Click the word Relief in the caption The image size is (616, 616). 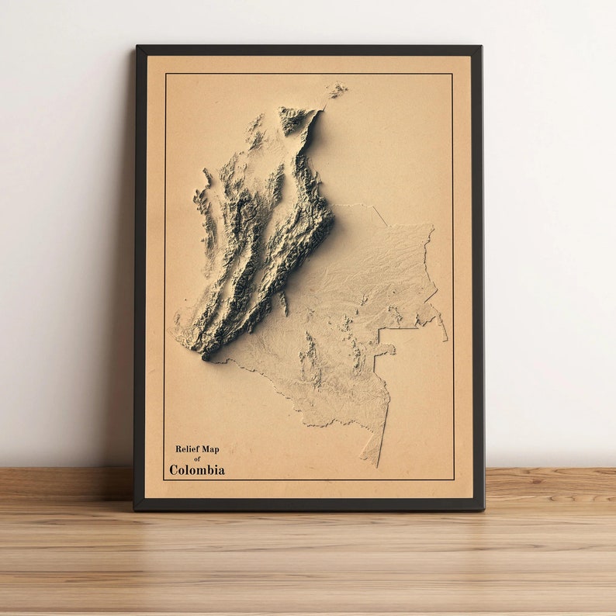coord(186,448)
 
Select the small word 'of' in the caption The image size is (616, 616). coord(197,459)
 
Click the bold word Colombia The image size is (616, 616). coord(197,470)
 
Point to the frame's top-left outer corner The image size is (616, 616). coord(137,46)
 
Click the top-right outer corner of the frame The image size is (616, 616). coord(481,46)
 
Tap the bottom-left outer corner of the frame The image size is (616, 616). coord(134,510)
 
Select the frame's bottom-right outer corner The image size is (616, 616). coord(484,510)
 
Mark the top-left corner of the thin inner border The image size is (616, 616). coord(165,74)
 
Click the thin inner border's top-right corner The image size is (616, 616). coord(452,74)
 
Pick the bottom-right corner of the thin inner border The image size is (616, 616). coord(454,479)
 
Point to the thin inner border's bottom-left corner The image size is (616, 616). coord(164,479)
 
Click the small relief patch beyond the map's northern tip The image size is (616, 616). coord(337,90)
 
